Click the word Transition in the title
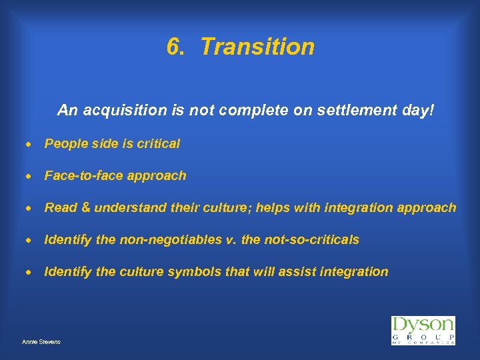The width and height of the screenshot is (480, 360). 257,47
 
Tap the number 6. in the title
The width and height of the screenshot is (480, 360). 175,47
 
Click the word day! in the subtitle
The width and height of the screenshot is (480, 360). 418,109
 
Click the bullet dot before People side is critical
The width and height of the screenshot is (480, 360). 31,144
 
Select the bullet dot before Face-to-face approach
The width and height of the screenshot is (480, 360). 31,176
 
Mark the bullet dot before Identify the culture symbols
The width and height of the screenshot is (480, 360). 31,272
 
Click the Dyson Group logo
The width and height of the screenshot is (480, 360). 423,331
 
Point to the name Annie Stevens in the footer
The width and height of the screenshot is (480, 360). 41,341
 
